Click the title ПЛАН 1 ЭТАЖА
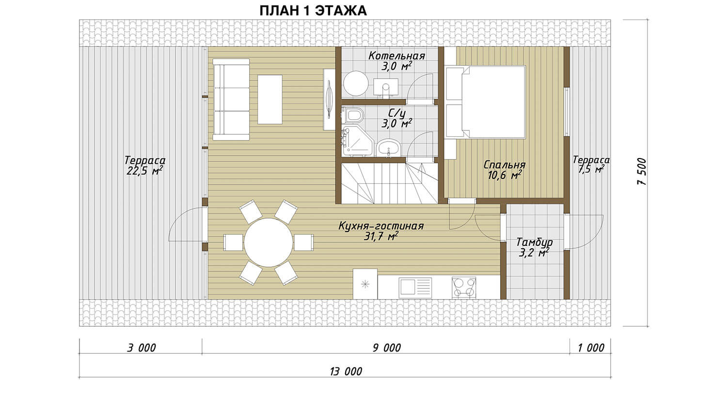click(x=313, y=11)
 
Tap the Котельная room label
click(x=396, y=56)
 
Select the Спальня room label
click(x=505, y=165)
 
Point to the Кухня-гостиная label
click(x=381, y=225)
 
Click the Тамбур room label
click(x=535, y=242)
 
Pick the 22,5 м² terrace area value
click(x=144, y=171)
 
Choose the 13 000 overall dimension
click(x=346, y=371)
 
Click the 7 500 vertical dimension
click(x=642, y=172)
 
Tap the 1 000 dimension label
click(x=591, y=348)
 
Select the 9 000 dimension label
click(x=387, y=348)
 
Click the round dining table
click(x=269, y=242)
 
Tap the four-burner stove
click(x=464, y=287)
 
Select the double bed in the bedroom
click(x=485, y=102)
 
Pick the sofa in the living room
click(x=231, y=99)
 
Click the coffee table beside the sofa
click(x=270, y=99)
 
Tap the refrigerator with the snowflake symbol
click(x=365, y=284)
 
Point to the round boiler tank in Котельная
click(x=356, y=83)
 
